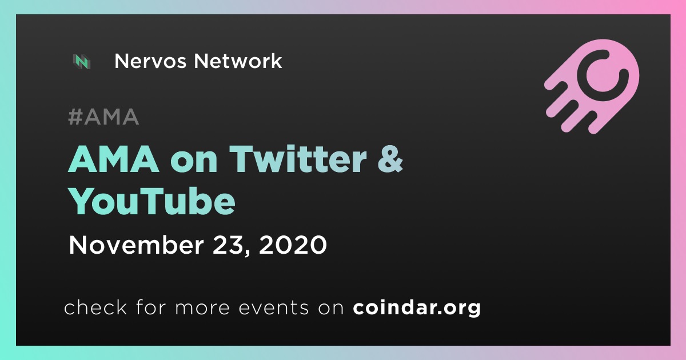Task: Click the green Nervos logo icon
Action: (82, 61)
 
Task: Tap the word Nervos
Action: (150, 61)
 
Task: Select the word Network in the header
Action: (238, 61)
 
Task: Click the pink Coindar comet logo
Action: (592, 86)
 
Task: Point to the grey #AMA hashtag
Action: (103, 117)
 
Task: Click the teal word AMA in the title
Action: (114, 159)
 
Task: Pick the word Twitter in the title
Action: (298, 159)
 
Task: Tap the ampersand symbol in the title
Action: (390, 159)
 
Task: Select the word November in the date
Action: (136, 245)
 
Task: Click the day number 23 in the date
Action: (228, 245)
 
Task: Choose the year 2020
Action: (293, 245)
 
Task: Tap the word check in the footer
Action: (95, 307)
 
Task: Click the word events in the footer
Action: (274, 308)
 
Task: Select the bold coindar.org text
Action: (417, 308)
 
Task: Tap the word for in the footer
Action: (151, 307)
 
